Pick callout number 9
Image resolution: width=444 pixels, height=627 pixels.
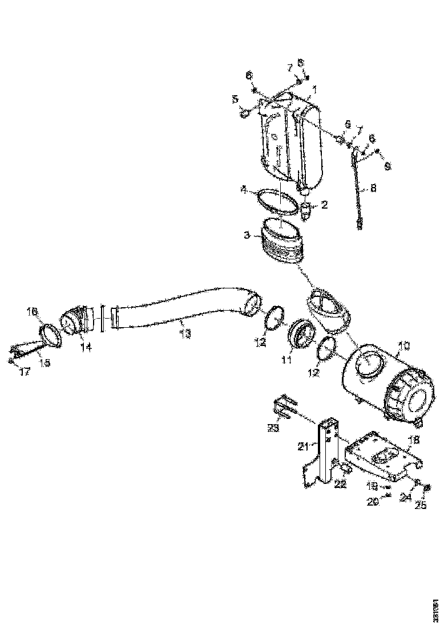click(388, 166)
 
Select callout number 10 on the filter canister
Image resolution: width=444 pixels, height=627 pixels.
click(403, 345)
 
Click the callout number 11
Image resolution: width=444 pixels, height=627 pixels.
click(285, 360)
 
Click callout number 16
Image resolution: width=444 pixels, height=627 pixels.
click(32, 311)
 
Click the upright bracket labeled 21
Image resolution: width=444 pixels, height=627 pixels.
click(324, 456)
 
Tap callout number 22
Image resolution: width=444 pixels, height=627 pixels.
click(340, 483)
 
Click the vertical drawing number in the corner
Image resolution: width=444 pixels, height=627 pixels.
click(437, 609)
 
